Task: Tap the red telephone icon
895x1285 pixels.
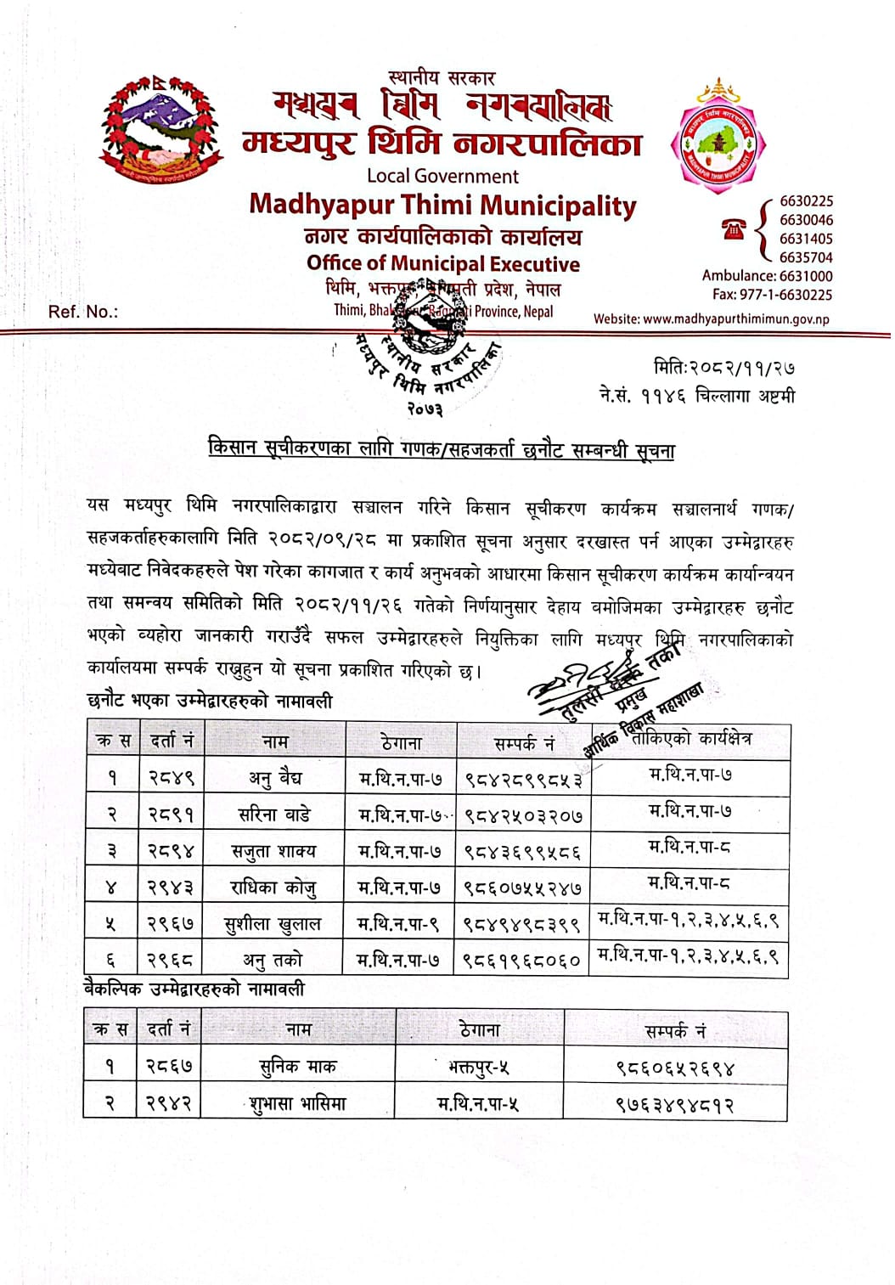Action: click(x=733, y=228)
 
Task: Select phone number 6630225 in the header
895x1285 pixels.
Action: click(x=806, y=201)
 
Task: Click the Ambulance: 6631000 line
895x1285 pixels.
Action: click(x=767, y=276)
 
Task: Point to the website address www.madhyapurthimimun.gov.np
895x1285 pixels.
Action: click(x=712, y=319)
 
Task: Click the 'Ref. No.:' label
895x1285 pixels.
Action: click(x=83, y=312)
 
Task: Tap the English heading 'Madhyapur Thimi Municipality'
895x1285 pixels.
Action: click(x=442, y=206)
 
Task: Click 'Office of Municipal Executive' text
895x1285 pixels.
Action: click(x=442, y=264)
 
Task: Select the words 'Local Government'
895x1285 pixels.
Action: click(x=442, y=177)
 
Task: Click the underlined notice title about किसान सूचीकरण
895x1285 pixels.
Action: click(x=442, y=448)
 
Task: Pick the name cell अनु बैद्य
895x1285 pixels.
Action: click(x=274, y=777)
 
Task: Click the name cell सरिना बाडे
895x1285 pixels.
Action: click(x=274, y=814)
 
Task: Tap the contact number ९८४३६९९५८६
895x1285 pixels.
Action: click(x=523, y=852)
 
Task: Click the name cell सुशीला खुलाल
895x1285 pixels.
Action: click(x=273, y=925)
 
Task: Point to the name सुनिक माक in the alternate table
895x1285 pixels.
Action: click(x=297, y=1067)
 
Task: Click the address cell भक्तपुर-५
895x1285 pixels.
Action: click(x=479, y=1067)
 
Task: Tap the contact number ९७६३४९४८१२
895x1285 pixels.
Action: click(x=675, y=1104)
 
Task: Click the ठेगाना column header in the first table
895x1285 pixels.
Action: click(x=401, y=742)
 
